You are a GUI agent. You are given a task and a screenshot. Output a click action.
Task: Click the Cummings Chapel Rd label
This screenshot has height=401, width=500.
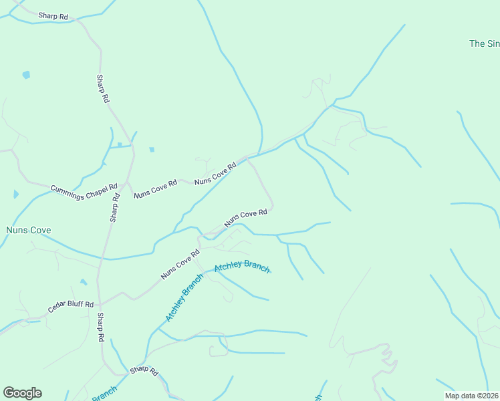coord(84,189)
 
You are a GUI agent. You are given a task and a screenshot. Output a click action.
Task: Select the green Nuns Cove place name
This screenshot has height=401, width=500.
coord(28,231)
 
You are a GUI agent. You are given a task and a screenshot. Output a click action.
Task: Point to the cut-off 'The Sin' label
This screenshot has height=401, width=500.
coord(484,43)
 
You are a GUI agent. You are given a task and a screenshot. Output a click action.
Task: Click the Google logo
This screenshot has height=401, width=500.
coord(22,393)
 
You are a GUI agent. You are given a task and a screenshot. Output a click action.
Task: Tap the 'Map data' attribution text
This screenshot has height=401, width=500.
coord(472,395)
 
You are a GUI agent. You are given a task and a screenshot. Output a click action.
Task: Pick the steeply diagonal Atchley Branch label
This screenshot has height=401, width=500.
coord(184,297)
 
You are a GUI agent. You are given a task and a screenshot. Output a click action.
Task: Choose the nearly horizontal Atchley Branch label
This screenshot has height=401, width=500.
coord(242,267)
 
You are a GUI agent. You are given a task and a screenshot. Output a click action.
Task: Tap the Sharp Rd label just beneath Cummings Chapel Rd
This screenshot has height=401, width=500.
coord(115,208)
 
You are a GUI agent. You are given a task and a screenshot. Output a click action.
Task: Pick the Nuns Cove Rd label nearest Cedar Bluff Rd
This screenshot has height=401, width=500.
coord(180,265)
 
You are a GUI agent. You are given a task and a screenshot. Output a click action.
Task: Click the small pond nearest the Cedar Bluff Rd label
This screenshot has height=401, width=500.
coord(83,282)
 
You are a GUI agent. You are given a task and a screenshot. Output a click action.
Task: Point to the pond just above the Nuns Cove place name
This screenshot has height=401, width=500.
coord(15,194)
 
